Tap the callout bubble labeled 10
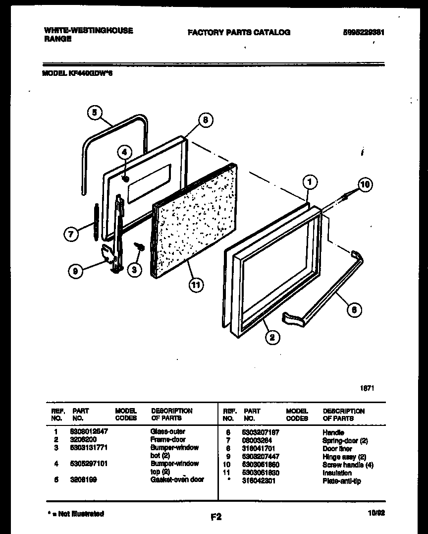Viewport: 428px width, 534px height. point(365,185)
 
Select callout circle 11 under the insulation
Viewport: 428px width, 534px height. point(197,286)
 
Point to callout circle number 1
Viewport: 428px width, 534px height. point(309,183)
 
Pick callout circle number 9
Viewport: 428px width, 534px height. point(75,271)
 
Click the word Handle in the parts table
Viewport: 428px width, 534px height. point(333,432)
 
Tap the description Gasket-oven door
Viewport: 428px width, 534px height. point(177,479)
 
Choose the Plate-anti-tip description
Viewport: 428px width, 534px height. point(342,481)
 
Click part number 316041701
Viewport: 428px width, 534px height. point(261,449)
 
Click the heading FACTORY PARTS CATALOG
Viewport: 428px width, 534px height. point(239,32)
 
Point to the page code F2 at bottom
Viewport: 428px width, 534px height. point(216,517)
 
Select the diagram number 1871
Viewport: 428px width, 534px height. point(367,388)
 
